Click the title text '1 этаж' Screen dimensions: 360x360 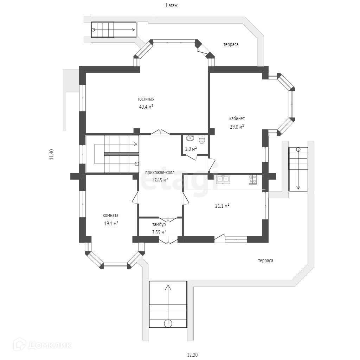(171, 5)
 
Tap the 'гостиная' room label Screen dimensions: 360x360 (146, 99)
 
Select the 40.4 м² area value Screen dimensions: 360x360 (146, 107)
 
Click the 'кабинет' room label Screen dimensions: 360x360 (237, 118)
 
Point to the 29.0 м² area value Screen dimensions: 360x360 (237, 127)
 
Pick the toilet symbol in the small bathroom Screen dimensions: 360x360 (202, 140)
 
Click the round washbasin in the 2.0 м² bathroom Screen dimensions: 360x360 (190, 138)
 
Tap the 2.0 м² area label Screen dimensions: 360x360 (191, 149)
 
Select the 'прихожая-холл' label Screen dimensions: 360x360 (160, 172)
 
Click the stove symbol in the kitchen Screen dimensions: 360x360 (253, 179)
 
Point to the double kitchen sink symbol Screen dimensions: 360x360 (223, 179)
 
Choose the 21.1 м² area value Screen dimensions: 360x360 (222, 206)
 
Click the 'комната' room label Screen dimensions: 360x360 (110, 216)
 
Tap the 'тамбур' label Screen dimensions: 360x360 (159, 224)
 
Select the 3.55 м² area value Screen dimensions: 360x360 (159, 232)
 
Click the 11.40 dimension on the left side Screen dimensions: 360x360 (51, 155)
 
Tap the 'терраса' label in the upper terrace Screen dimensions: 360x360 (231, 45)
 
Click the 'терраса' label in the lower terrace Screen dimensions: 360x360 (265, 261)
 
